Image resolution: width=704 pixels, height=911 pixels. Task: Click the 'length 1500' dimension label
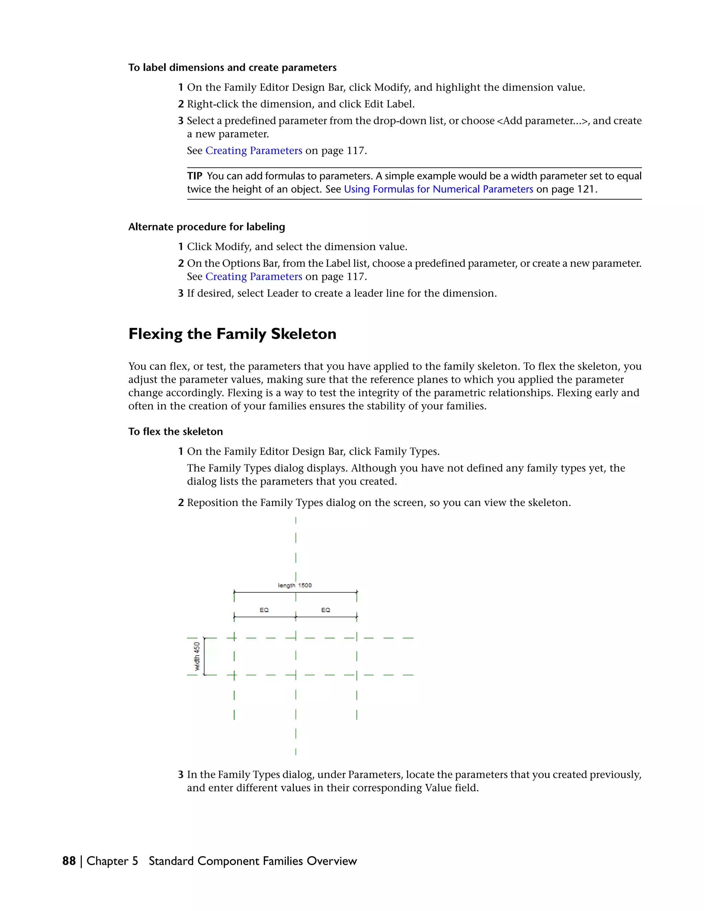point(295,585)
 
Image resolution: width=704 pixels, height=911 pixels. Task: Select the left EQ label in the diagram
point(264,610)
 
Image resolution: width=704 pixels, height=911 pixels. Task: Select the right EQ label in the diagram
point(326,610)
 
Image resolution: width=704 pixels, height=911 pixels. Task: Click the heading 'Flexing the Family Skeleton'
point(232,334)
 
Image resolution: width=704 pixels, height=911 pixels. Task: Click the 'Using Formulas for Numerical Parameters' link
point(438,189)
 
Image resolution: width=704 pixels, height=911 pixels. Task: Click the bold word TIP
point(195,176)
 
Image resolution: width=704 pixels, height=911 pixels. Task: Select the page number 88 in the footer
point(69,861)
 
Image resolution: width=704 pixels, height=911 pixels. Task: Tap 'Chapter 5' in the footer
point(112,861)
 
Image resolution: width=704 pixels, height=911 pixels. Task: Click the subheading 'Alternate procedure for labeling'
point(207,227)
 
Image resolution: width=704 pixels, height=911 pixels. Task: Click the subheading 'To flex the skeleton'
point(176,432)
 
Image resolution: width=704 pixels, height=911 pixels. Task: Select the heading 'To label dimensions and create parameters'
point(232,68)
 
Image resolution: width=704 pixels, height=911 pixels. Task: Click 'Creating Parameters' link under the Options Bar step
point(254,276)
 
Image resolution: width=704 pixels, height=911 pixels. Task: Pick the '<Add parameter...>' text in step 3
point(542,121)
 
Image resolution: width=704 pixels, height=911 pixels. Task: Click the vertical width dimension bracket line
point(204,656)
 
